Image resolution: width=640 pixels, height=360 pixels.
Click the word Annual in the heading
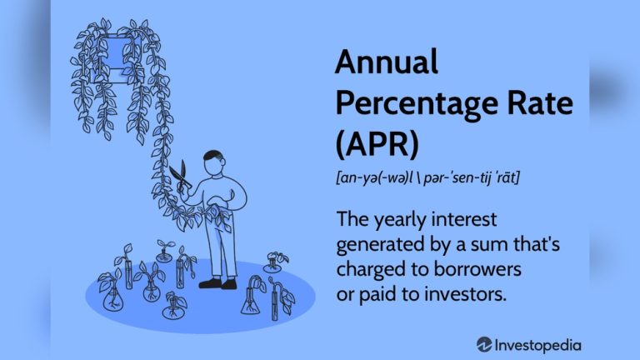[386, 62]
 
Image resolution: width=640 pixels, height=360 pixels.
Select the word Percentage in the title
[417, 105]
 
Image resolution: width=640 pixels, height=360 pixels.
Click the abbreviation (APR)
[377, 144]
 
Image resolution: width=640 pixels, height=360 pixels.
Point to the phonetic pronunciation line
[427, 177]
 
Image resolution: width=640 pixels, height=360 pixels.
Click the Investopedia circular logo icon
[483, 345]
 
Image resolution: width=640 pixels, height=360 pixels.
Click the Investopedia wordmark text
[537, 346]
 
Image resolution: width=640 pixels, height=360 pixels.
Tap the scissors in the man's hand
[180, 175]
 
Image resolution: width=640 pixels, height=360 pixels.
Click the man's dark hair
[212, 155]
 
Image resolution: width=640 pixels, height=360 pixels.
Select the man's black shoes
[218, 283]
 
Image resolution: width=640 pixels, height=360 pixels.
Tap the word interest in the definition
[464, 220]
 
